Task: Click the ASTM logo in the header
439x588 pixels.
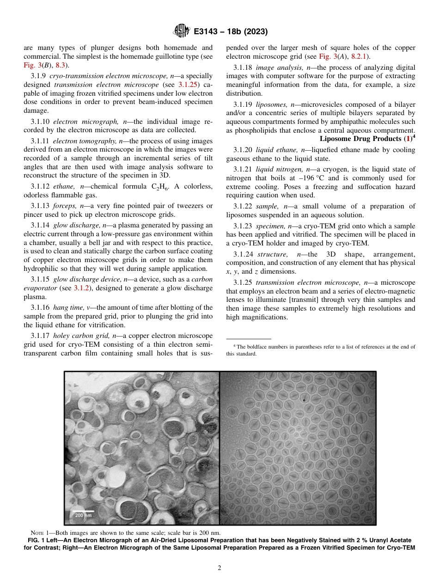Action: coord(181,31)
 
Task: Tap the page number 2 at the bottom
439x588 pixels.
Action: coord(219,568)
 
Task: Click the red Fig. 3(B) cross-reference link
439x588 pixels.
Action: coord(36,65)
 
